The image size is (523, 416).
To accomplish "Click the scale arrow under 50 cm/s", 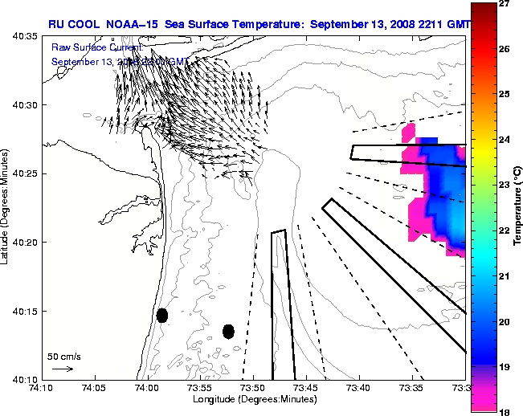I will tap(62, 369).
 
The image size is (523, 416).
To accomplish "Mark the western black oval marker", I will tap(162, 315).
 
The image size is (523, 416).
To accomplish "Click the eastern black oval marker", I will tap(228, 331).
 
